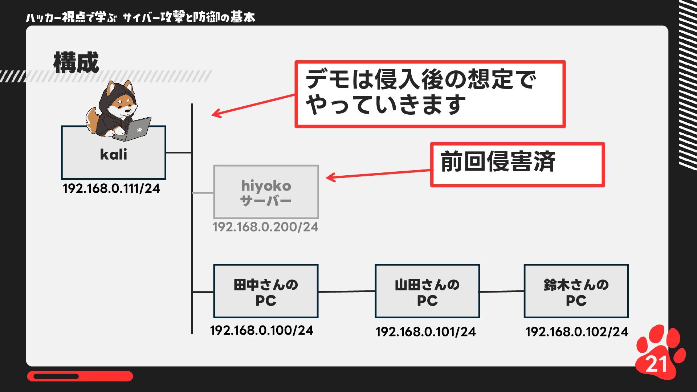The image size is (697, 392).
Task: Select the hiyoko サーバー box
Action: [266, 192]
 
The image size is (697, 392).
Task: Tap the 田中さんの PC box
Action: [266, 291]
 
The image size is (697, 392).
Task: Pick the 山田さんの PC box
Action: [427, 291]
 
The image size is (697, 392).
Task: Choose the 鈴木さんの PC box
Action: [576, 291]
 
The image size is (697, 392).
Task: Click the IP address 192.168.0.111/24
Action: [111, 188]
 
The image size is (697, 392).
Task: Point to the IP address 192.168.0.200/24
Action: [265, 227]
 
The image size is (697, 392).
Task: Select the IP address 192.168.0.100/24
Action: [261, 330]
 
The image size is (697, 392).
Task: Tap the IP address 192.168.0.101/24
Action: [425, 332]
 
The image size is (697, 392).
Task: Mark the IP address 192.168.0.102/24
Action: [576, 332]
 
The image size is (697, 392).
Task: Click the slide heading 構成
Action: [76, 63]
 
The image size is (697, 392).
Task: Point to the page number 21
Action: [656, 364]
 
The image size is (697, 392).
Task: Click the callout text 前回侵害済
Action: [498, 162]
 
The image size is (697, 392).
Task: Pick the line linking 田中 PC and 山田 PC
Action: [346, 291]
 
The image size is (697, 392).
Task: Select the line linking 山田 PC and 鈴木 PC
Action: [501, 291]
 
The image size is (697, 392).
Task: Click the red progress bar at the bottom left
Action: [80, 376]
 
